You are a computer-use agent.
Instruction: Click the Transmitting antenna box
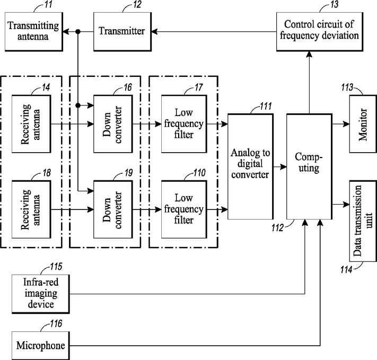pyautogui.click(x=34, y=31)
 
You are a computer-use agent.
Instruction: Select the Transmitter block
pyautogui.click(x=122, y=31)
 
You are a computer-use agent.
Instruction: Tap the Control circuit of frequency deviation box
pyautogui.click(x=320, y=31)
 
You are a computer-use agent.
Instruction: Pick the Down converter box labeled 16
pyautogui.click(x=113, y=124)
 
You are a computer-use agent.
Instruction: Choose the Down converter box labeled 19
pyautogui.click(x=113, y=209)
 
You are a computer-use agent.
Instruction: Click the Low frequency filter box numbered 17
pyautogui.click(x=184, y=124)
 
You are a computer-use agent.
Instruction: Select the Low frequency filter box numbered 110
pyautogui.click(x=184, y=209)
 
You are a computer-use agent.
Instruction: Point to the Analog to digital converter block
pyautogui.click(x=250, y=166)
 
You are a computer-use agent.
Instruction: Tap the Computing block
pyautogui.click(x=310, y=166)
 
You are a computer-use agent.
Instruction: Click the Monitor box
pyautogui.click(x=363, y=124)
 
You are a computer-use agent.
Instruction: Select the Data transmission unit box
pyautogui.click(x=363, y=221)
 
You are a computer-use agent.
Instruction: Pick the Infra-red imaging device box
pyautogui.click(x=41, y=294)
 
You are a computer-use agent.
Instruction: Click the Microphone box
pyautogui.click(x=41, y=346)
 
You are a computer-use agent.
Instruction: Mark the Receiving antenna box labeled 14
pyautogui.click(x=31, y=124)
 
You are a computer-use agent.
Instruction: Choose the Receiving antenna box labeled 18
pyautogui.click(x=31, y=209)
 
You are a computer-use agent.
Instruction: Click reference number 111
pyautogui.click(x=266, y=106)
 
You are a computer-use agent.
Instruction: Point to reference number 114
pyautogui.click(x=346, y=269)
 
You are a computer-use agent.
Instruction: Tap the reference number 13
pyautogui.click(x=335, y=4)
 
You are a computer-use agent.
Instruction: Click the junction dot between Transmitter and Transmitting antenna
pyautogui.click(x=77, y=31)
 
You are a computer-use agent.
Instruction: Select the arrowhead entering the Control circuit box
pyautogui.click(x=309, y=54)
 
